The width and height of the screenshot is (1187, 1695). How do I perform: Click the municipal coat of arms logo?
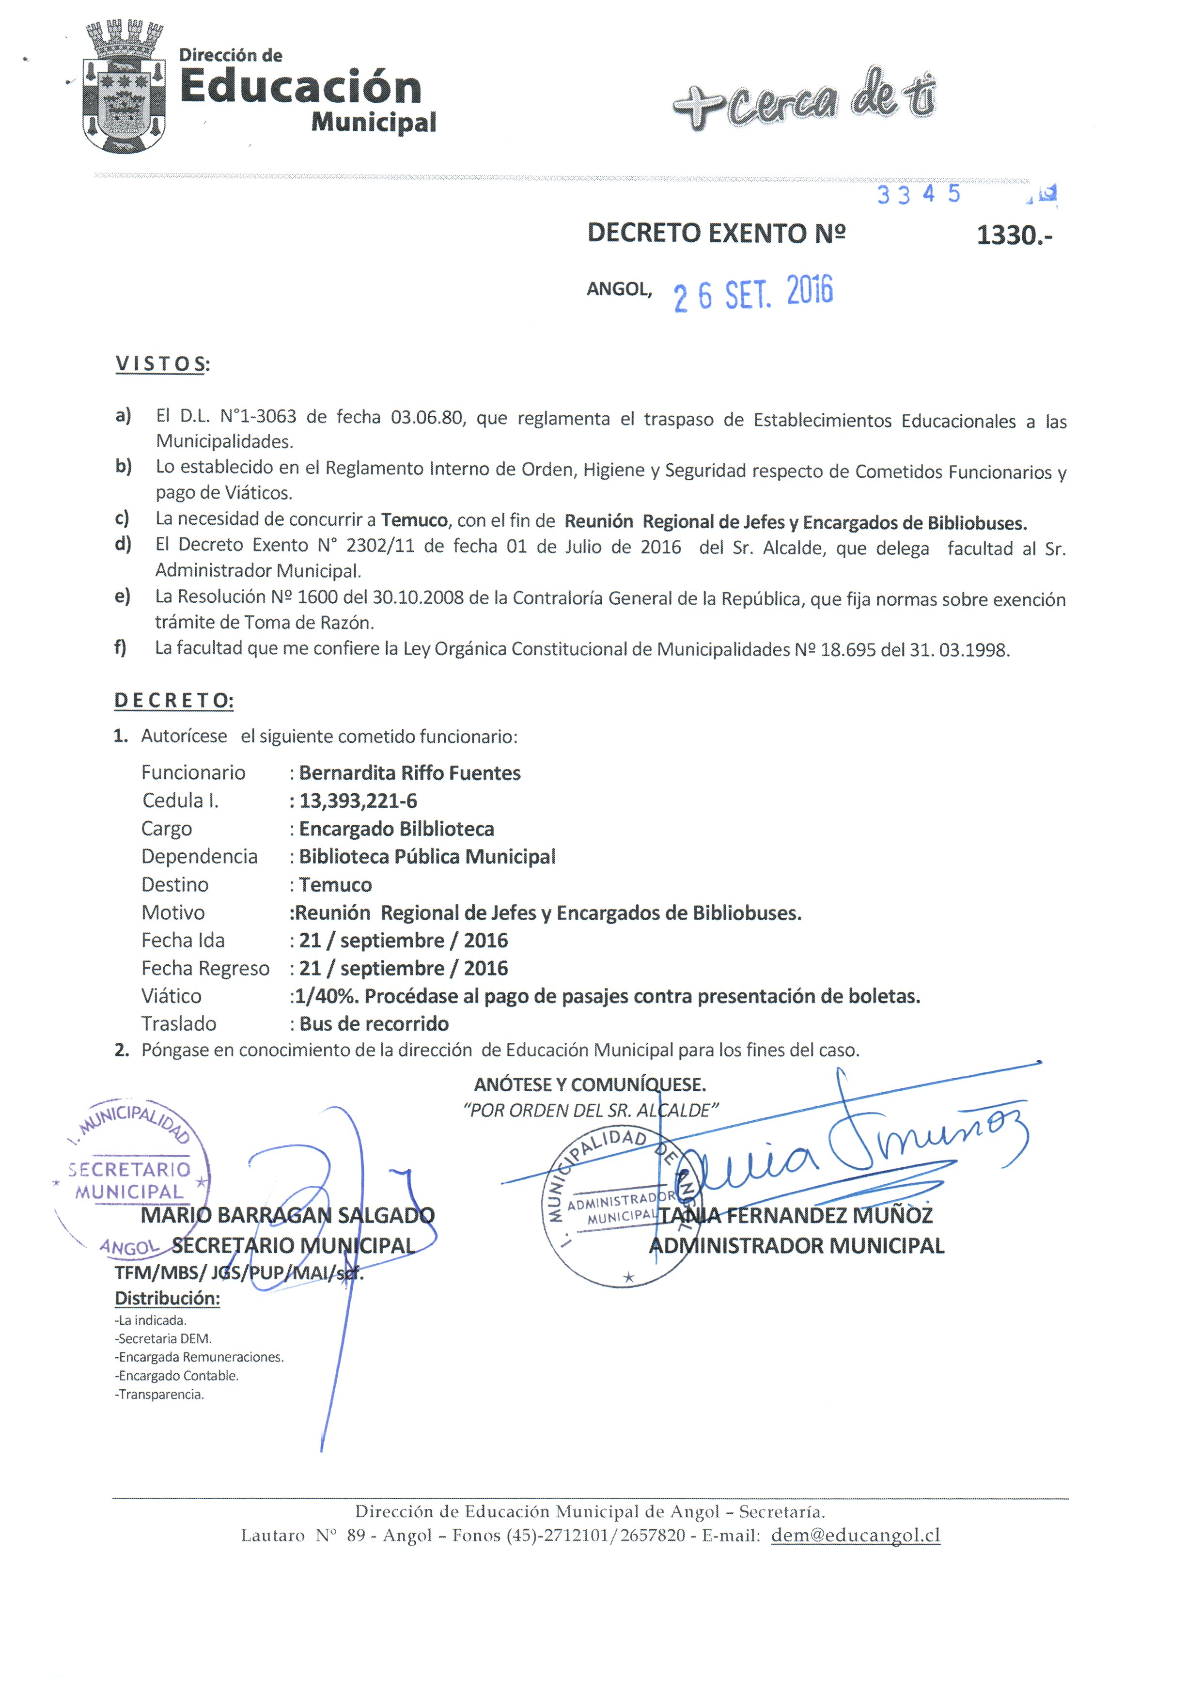pyautogui.click(x=123, y=87)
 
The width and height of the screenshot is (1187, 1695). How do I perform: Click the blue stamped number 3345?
pyautogui.click(x=918, y=194)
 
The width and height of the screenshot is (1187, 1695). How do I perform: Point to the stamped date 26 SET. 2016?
pyautogui.click(x=753, y=293)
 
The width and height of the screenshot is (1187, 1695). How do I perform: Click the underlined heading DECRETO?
pyautogui.click(x=173, y=701)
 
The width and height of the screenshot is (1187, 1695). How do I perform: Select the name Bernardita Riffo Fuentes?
pyautogui.click(x=410, y=773)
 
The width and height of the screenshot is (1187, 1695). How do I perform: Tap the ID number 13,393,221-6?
pyautogui.click(x=358, y=801)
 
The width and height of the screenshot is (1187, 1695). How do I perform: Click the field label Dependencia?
pyautogui.click(x=199, y=856)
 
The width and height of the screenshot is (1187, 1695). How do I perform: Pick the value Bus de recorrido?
pyautogui.click(x=374, y=1024)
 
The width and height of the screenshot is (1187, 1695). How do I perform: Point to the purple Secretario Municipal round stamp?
pyautogui.click(x=131, y=1174)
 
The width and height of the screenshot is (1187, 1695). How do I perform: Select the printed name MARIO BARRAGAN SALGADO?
pyautogui.click(x=287, y=1215)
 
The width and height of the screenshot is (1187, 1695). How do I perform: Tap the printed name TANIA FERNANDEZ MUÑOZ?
pyautogui.click(x=796, y=1215)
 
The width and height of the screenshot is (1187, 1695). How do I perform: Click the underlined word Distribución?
pyautogui.click(x=167, y=1299)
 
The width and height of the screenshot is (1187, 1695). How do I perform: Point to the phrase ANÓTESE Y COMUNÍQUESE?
pyautogui.click(x=590, y=1084)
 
